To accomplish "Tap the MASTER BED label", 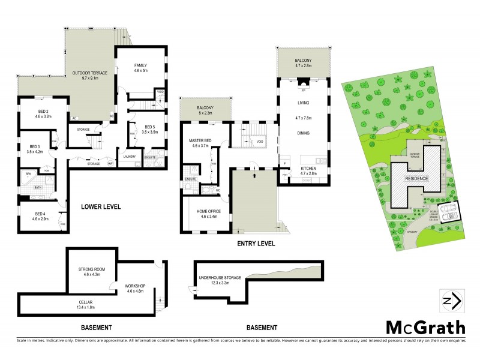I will coord(199,143).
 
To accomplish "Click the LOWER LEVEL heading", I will coord(101,207).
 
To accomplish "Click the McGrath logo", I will coord(425,328).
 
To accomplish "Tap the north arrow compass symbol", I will coord(451,301).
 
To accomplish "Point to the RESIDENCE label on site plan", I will coord(416,178).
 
